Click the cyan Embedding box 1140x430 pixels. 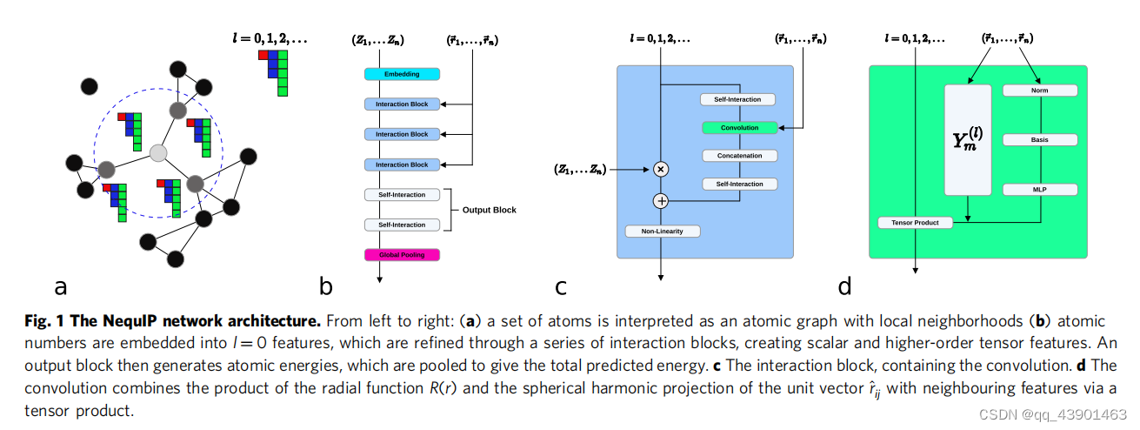point(402,74)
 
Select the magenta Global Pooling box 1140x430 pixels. point(402,254)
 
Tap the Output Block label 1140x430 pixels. point(489,210)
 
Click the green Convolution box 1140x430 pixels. point(738,128)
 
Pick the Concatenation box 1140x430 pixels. point(738,156)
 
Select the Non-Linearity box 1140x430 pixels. point(663,232)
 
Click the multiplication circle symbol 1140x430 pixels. point(661,170)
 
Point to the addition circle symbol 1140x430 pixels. point(661,201)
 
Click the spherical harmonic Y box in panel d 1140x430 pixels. point(968,140)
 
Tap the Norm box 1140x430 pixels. point(1040,91)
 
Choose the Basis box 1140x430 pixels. point(1040,139)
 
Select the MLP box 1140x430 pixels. point(1040,189)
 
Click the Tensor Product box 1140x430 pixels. point(915,223)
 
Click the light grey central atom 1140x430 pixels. point(158,153)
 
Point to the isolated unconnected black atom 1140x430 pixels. point(89,85)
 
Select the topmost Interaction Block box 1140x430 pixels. point(402,104)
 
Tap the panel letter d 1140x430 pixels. point(844,286)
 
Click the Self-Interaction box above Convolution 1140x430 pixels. point(738,99)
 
